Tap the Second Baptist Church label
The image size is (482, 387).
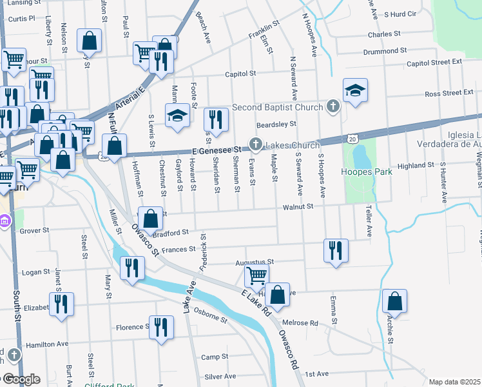pos(276,107)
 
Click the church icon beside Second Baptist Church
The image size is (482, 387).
pos(333,106)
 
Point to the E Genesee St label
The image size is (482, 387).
pos(216,150)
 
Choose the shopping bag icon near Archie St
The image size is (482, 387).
pos(394,302)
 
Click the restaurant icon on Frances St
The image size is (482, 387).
pos(335,250)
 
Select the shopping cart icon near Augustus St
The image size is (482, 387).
pos(256,276)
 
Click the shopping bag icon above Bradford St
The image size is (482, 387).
pos(150,219)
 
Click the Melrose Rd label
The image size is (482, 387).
pos(300,322)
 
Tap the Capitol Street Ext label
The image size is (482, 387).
pos(434,63)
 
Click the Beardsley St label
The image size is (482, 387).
pos(276,124)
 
